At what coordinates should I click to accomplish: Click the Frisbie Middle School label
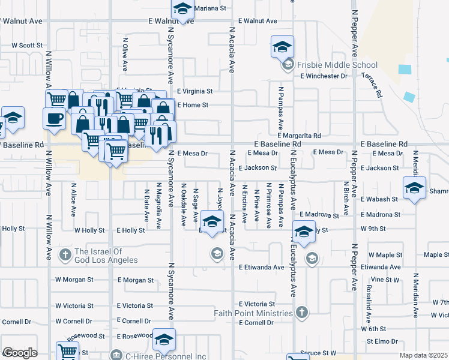point(339,65)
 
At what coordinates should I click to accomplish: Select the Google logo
point(20,352)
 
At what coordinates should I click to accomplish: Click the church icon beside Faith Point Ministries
point(302,312)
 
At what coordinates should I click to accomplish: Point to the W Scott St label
point(28,45)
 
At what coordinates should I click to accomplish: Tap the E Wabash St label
point(379,199)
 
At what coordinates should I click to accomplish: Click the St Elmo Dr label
point(382,341)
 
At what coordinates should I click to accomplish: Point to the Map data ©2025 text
point(424,355)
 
